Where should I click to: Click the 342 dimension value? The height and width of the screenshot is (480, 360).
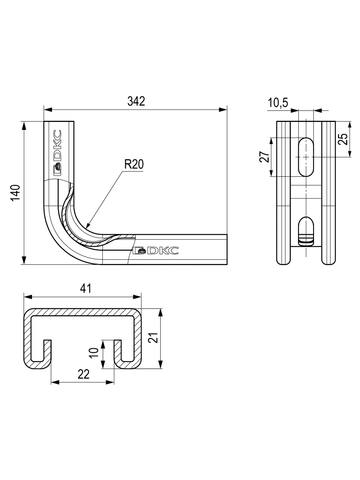coord(136,101)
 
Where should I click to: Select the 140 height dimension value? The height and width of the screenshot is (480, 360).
coord(15,193)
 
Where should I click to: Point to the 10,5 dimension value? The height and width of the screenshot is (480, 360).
coord(278,103)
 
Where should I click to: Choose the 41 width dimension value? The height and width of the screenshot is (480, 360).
coord(85,289)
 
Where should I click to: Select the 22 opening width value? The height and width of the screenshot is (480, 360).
coord(83,374)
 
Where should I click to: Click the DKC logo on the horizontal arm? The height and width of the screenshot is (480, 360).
coord(156,251)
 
